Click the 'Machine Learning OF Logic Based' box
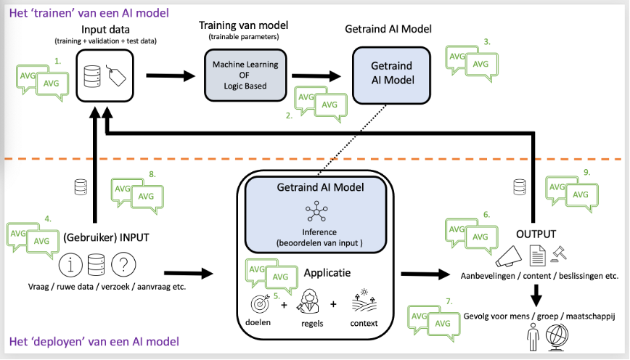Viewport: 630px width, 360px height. [245, 75]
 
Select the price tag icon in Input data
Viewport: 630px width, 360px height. [117, 75]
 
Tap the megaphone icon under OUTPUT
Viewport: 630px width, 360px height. [508, 256]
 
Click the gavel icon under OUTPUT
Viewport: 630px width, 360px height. [559, 254]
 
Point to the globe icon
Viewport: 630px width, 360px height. [557, 337]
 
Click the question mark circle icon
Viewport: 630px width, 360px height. [123, 264]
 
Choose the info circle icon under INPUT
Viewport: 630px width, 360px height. [70, 265]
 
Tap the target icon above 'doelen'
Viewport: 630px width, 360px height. [260, 304]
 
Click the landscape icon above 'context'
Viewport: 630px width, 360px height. [364, 301]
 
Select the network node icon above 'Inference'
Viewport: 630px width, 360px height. [316, 211]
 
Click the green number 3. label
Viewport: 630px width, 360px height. [487, 42]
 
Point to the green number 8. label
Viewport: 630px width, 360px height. [152, 174]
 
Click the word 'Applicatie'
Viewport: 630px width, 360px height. [327, 273]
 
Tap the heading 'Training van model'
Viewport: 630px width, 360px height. [243, 25]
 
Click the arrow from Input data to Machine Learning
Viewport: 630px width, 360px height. [171, 75]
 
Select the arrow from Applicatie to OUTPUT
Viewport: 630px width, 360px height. [425, 274]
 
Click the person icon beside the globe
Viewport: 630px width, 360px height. [533, 337]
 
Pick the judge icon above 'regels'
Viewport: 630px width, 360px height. [308, 301]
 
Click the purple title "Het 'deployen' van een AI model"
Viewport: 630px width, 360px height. [94, 342]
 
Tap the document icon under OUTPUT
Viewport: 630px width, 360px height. [538, 255]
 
